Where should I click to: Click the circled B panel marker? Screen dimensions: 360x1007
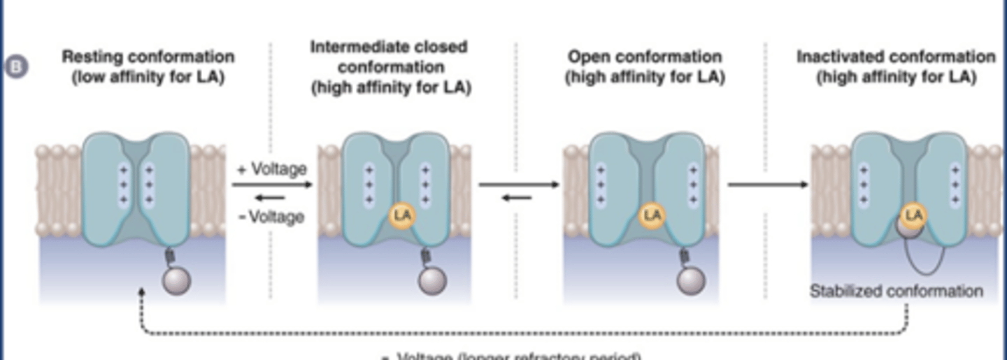click(x=15, y=68)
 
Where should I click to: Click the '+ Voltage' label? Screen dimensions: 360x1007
click(x=272, y=169)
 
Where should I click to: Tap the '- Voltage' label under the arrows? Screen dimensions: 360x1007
click(x=271, y=217)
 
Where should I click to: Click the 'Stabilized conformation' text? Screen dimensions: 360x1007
click(x=896, y=291)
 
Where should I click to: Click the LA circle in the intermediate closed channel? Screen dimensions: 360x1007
click(x=402, y=216)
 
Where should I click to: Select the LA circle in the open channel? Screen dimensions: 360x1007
click(x=652, y=215)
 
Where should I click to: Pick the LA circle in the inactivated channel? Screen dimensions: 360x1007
click(x=913, y=216)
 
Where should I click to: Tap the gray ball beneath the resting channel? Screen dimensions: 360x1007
click(x=176, y=281)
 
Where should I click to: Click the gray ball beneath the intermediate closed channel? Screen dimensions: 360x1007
click(x=431, y=281)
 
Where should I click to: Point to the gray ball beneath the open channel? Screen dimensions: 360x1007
click(x=690, y=281)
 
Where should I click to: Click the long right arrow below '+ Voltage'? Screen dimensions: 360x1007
click(x=271, y=185)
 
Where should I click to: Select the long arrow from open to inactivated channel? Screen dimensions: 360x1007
click(x=767, y=185)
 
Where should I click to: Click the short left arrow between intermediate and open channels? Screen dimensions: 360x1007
click(x=517, y=198)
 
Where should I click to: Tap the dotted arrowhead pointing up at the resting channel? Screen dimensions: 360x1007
click(x=142, y=292)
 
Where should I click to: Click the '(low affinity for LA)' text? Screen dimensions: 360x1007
click(x=148, y=77)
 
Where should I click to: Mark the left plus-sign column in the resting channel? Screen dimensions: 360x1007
click(x=123, y=185)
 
